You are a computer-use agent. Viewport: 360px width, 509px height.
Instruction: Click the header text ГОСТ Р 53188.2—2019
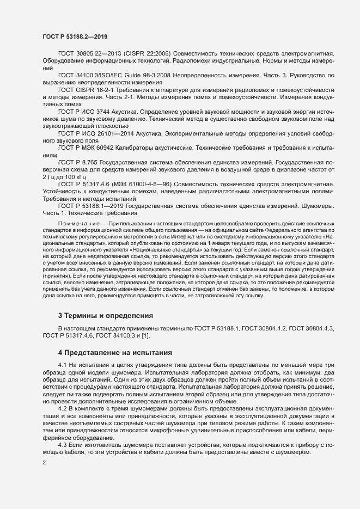click(x=75, y=36)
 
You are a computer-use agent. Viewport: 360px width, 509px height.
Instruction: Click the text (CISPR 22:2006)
click(x=148, y=53)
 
